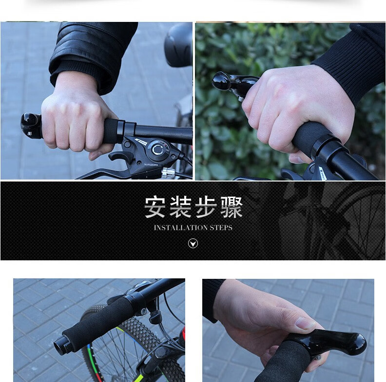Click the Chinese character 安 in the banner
154,207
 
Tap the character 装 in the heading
180,207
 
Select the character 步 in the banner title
206,207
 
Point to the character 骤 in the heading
232,207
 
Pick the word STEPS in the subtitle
221,228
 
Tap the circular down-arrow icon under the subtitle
193,243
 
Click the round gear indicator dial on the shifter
157,149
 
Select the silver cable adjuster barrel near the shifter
168,172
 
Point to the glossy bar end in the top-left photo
31,126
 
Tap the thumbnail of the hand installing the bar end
288,330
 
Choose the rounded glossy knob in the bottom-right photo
354,344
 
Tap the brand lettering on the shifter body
151,164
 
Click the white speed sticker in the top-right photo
322,173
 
